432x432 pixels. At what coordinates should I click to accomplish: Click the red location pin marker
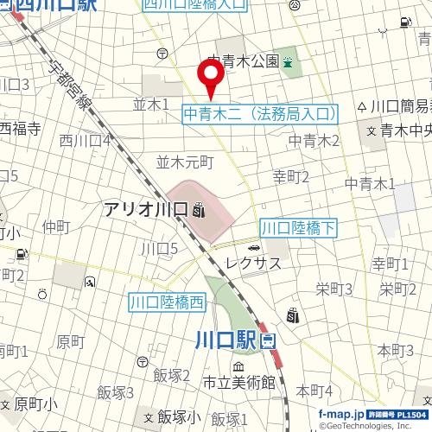pos(211,80)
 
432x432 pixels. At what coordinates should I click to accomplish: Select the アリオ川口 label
pos(146,210)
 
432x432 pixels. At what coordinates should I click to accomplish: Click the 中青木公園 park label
pos(243,61)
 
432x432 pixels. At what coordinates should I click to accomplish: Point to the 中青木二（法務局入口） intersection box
pos(260,112)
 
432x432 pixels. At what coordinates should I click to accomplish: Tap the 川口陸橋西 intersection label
pos(168,302)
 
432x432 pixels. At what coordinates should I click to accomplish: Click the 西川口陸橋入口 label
pos(194,5)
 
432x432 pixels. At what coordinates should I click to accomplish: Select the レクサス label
pos(252,262)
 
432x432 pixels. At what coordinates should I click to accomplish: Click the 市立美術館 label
pos(238,382)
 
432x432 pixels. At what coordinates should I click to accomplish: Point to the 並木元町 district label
pos(184,161)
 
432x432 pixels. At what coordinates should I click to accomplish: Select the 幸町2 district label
pos(291,177)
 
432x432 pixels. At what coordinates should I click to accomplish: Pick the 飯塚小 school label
pos(180,415)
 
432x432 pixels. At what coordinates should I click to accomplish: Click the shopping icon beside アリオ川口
pos(200,210)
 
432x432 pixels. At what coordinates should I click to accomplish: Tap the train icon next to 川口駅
pos(266,340)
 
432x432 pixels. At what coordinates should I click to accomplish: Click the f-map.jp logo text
pos(338,414)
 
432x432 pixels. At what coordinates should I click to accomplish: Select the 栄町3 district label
pos(334,289)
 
